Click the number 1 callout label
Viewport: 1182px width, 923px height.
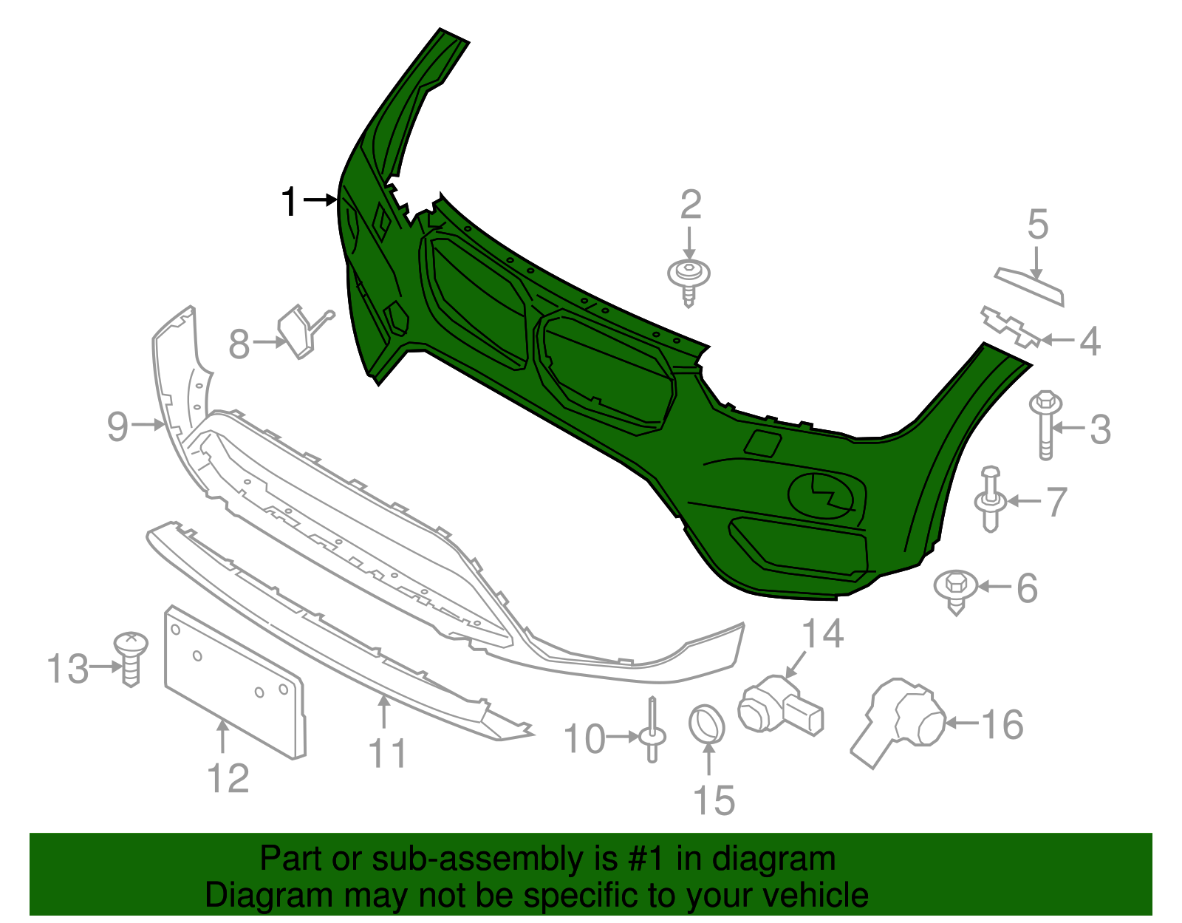[290, 202]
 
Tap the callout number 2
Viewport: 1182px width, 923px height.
[690, 205]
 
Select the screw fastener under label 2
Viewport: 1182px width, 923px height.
[689, 280]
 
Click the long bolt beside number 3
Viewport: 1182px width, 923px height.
[1045, 426]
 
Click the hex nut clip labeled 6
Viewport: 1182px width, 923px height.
[956, 589]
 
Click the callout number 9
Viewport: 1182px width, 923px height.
[117, 426]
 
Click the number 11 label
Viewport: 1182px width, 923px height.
[387, 754]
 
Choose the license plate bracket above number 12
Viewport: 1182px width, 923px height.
[233, 680]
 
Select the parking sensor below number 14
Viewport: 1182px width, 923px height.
[779, 704]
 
